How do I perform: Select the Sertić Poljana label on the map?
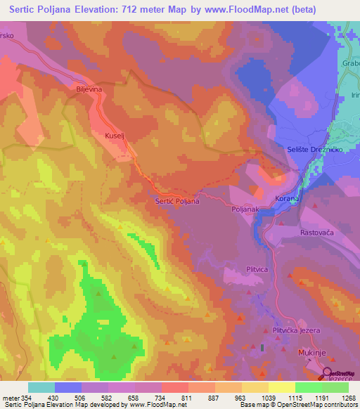click(x=176, y=201)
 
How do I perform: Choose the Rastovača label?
click(x=319, y=233)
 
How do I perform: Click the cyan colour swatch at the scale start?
click(x=41, y=387)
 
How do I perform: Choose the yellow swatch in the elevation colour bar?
click(x=281, y=387)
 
